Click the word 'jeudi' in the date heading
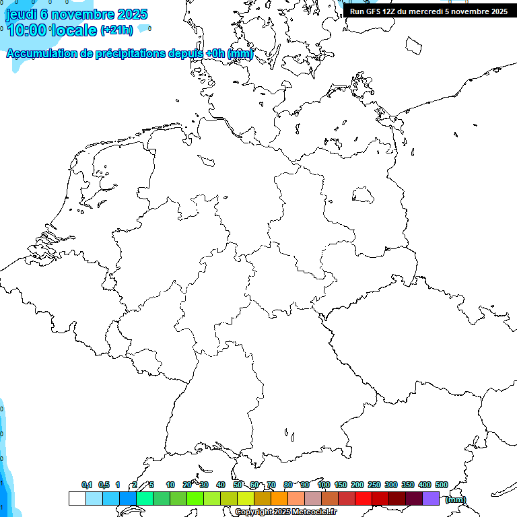click(21, 14)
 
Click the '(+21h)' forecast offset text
click(116, 30)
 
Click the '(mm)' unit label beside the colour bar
click(456, 499)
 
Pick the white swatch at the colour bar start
click(77, 499)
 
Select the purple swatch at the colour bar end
click(431, 499)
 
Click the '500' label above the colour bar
click(442, 485)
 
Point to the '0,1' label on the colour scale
click(87, 485)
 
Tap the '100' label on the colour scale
click(323, 485)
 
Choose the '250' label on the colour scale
click(374, 485)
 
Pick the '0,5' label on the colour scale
click(104, 485)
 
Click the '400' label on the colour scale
click(424, 485)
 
